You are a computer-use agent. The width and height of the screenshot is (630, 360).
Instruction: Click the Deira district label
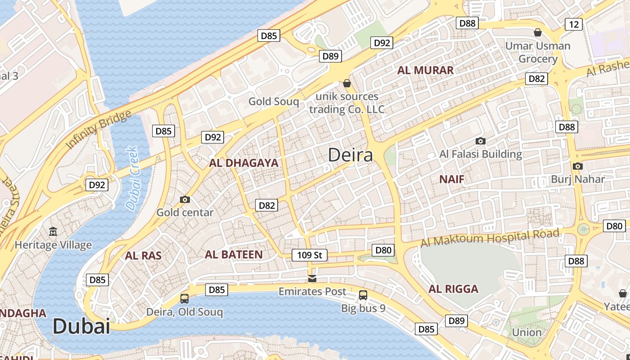(351, 155)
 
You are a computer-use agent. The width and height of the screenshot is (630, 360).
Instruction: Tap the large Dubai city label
(81, 326)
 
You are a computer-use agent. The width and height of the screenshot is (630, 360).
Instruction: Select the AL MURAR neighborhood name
(425, 70)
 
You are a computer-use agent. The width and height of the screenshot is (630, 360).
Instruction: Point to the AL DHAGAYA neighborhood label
(243, 163)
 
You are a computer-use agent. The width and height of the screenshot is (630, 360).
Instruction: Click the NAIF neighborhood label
(451, 180)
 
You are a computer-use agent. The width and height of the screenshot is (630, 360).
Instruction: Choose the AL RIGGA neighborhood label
(453, 289)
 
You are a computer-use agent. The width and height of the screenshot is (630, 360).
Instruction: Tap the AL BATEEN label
(234, 255)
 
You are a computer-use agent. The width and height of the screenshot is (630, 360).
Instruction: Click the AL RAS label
(143, 256)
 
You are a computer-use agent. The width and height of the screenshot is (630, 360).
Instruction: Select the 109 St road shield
(310, 255)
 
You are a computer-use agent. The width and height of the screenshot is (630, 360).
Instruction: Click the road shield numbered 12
(573, 24)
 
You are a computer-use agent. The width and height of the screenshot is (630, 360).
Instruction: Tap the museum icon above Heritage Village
(53, 232)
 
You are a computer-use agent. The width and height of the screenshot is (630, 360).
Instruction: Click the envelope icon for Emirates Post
(312, 279)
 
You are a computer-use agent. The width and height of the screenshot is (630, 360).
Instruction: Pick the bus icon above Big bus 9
(363, 295)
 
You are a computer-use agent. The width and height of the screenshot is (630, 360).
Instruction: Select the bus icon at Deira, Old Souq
(184, 298)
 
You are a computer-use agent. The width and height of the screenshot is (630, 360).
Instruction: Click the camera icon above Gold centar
(184, 199)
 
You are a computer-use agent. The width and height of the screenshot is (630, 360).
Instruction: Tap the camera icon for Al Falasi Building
(481, 141)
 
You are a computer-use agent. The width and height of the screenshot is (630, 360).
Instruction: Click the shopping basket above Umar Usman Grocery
(537, 32)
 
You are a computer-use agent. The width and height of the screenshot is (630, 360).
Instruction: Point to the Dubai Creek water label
(132, 178)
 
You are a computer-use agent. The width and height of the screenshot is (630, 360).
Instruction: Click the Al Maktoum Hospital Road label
(490, 237)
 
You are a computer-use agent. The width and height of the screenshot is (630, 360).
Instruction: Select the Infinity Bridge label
(99, 129)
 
